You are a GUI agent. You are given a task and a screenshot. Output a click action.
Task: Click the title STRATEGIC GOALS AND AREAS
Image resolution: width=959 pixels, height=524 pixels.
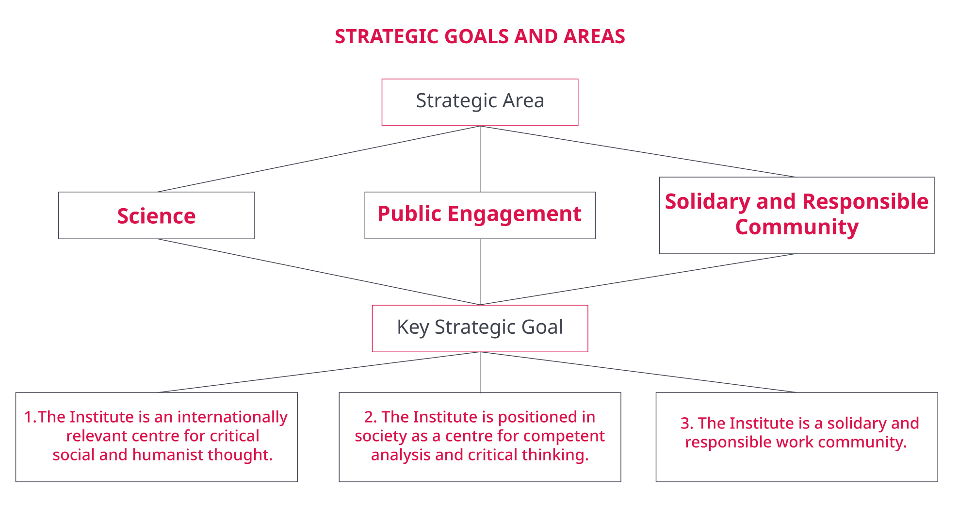coord(480,36)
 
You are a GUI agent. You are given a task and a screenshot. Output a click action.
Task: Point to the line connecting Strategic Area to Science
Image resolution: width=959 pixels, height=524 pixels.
coord(319,159)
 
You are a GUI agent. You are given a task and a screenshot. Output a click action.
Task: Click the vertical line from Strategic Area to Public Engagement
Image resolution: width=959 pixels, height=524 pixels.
coord(480,159)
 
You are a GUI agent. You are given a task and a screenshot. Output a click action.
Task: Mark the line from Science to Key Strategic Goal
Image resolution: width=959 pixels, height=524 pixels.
coord(319,272)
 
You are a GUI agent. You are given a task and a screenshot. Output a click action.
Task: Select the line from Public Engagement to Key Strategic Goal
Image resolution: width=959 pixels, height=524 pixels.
coord(480,272)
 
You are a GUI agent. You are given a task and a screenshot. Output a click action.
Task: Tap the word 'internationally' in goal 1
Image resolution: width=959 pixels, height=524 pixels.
coord(232,417)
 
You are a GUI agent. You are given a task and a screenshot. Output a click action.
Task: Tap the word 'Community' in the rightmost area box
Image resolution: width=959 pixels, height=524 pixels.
coord(797,227)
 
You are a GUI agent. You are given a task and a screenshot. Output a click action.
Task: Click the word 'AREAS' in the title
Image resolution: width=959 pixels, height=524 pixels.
coord(594,36)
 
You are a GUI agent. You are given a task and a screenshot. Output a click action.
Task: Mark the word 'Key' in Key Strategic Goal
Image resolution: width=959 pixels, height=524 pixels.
coord(413,328)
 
